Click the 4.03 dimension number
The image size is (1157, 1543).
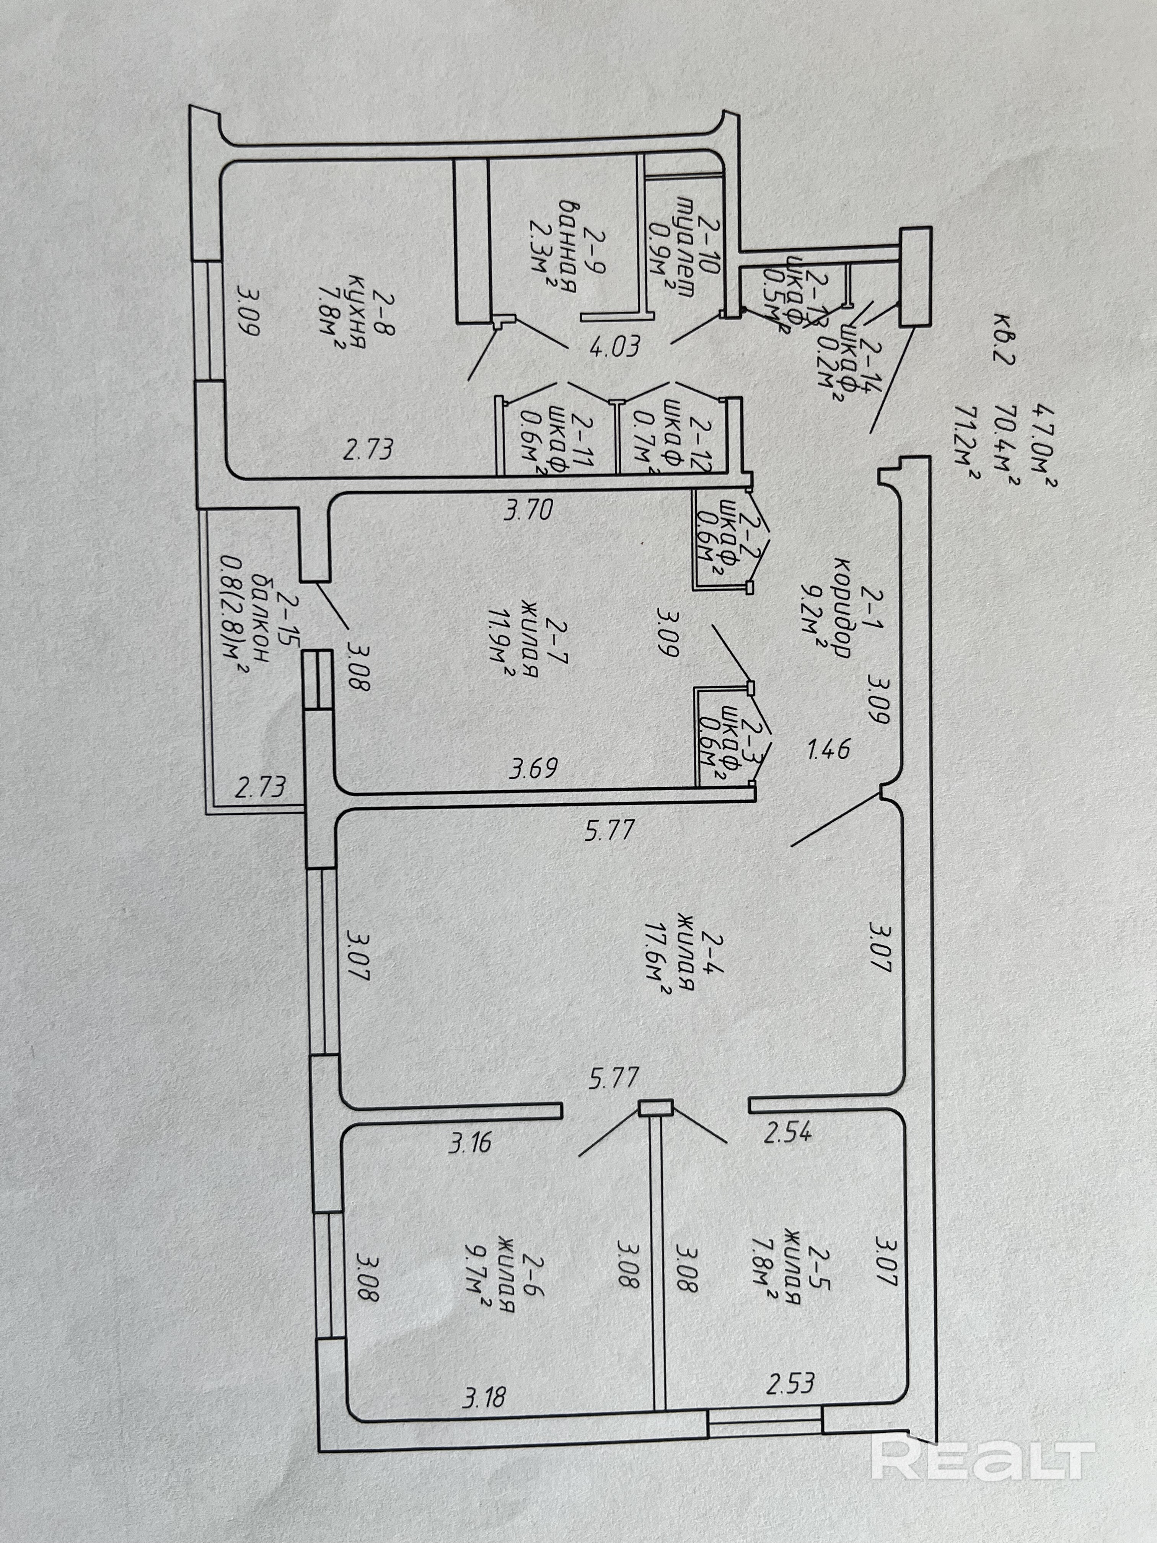pyautogui.click(x=614, y=347)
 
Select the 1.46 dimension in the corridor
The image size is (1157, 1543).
pyautogui.click(x=828, y=749)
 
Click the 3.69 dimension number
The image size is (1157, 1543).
pyautogui.click(x=533, y=769)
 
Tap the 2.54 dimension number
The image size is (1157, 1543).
pyautogui.click(x=787, y=1132)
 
